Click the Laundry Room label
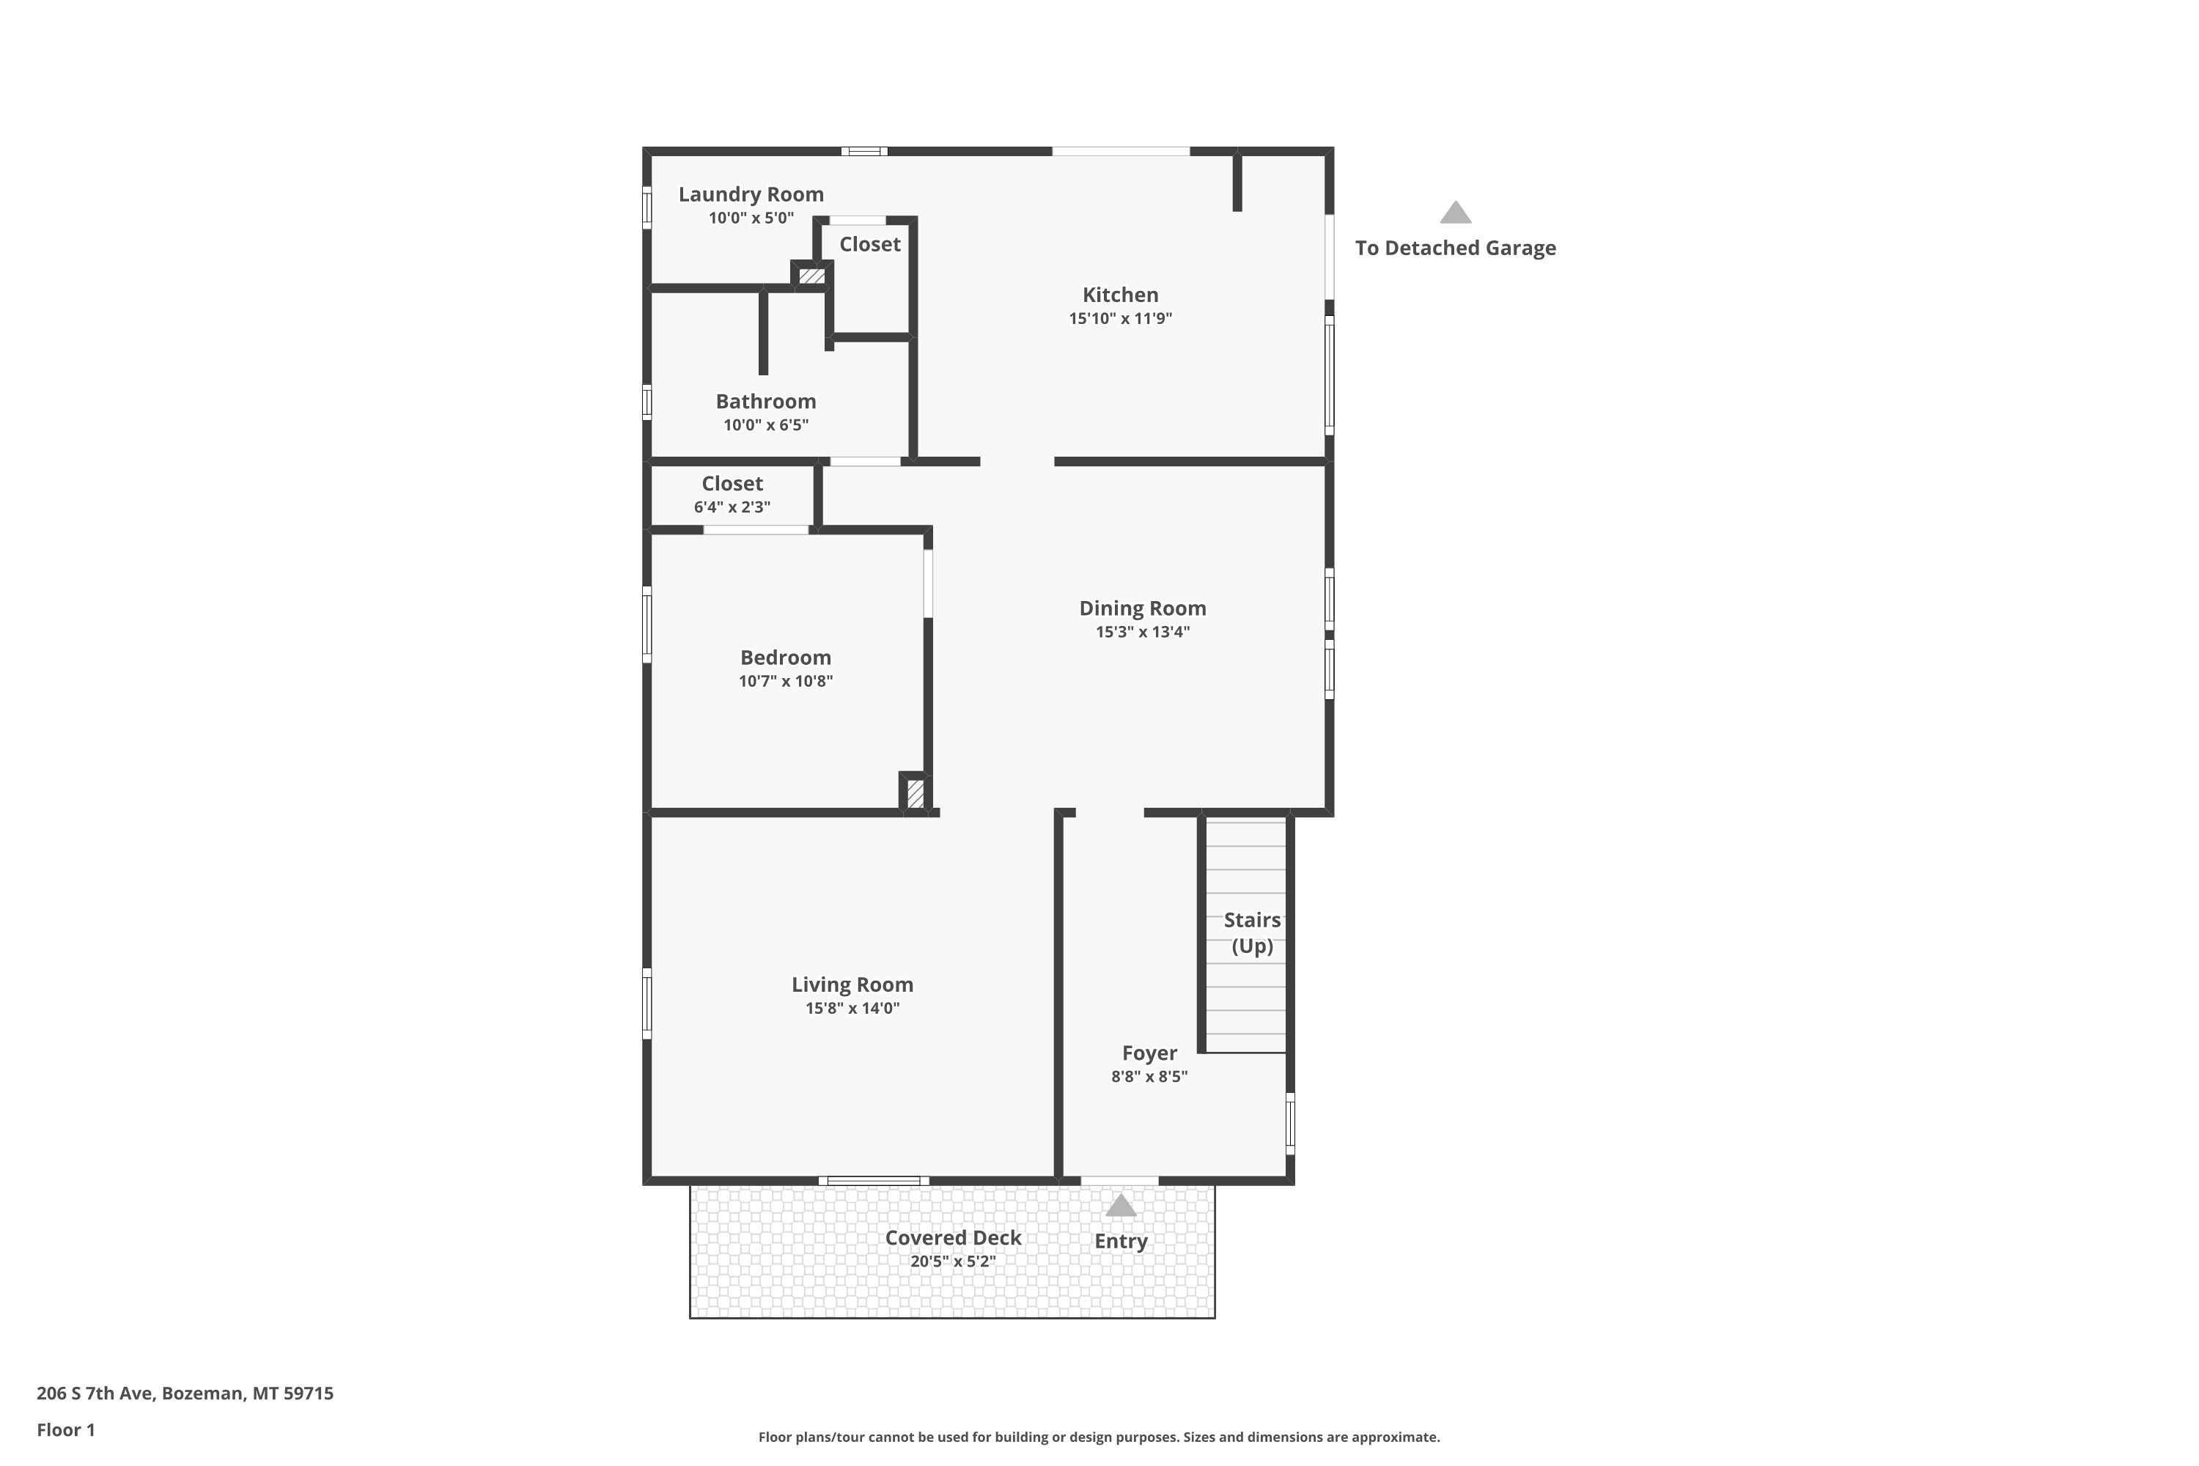(x=751, y=194)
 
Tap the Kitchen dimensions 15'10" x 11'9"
(x=1120, y=318)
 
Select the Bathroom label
(x=766, y=401)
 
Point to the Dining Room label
(x=1143, y=608)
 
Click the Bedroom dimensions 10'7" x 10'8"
(x=785, y=681)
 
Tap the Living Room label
(x=852, y=984)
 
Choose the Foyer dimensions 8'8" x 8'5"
(x=1149, y=1076)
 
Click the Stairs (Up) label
(x=1252, y=933)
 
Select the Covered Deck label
(x=953, y=1238)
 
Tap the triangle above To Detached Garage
(x=1455, y=213)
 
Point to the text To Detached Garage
(x=1455, y=248)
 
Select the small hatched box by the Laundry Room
(x=811, y=276)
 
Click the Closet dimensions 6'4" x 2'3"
(x=732, y=507)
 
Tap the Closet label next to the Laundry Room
(x=869, y=244)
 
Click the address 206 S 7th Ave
(x=95, y=1393)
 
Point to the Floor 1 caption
(x=65, y=1429)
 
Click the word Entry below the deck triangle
(x=1120, y=1242)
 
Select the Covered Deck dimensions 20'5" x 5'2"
(x=953, y=1261)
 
